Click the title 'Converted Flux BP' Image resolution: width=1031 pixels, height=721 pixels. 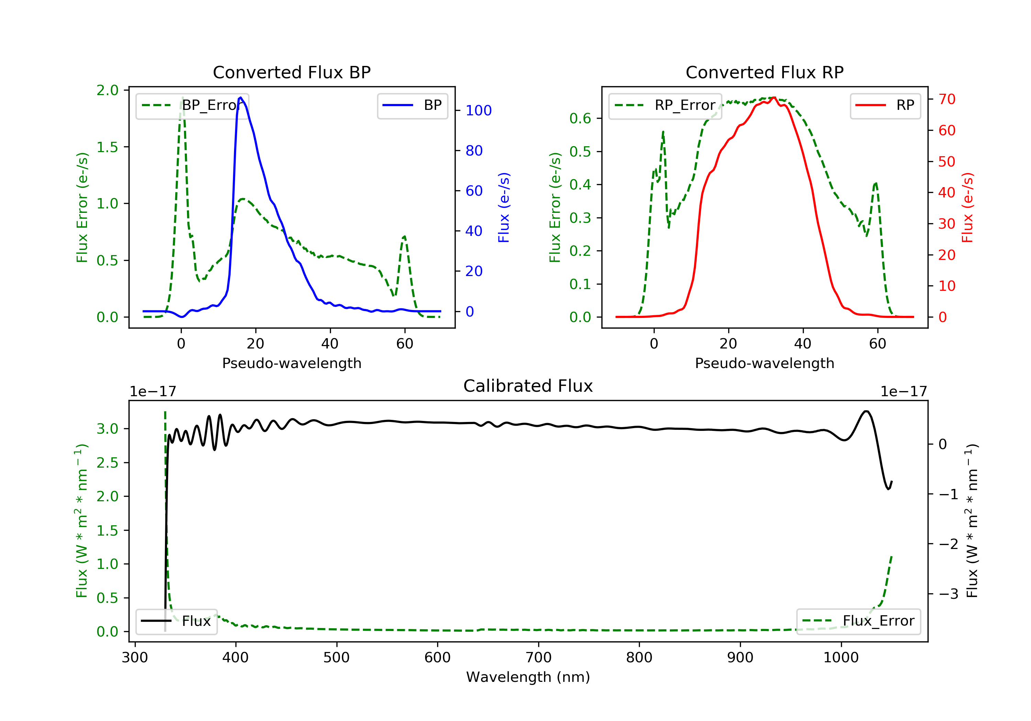pyautogui.click(x=291, y=72)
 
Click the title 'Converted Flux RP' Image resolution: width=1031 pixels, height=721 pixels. pyautogui.click(x=764, y=72)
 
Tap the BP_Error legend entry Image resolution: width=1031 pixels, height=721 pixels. pyautogui.click(x=192, y=105)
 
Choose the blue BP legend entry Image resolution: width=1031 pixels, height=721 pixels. pyautogui.click(x=412, y=105)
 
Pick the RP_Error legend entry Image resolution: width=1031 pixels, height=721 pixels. pyautogui.click(x=665, y=105)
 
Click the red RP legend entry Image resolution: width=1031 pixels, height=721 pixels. pyautogui.click(x=885, y=105)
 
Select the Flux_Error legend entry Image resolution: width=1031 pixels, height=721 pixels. pyautogui.click(x=858, y=621)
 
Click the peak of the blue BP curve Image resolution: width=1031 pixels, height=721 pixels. pyautogui.click(x=241, y=98)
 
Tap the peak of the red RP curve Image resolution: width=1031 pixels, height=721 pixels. pyautogui.click(x=774, y=98)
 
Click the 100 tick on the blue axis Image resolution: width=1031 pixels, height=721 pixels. pyautogui.click(x=478, y=110)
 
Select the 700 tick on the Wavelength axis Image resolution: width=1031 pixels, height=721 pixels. pyautogui.click(x=539, y=658)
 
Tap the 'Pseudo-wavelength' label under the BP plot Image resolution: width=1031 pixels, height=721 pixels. pyautogui.click(x=291, y=363)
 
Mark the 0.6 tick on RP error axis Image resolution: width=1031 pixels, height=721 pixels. pyautogui.click(x=580, y=118)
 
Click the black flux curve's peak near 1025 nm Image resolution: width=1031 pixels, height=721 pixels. pyautogui.click(x=866, y=411)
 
